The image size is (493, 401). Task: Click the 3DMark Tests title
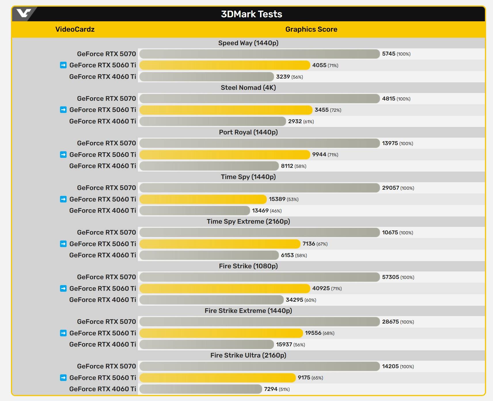click(x=251, y=14)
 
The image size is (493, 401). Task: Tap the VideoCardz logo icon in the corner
click(x=24, y=13)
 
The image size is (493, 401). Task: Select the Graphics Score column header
click(x=311, y=29)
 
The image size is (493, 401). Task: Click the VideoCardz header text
click(x=75, y=29)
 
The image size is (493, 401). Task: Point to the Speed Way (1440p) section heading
click(x=248, y=43)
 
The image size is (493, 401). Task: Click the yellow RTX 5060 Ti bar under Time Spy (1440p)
click(x=203, y=199)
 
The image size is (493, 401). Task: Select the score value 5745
click(x=389, y=54)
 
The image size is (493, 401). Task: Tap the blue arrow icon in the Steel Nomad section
click(x=63, y=110)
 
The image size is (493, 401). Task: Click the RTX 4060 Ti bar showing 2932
click(x=213, y=121)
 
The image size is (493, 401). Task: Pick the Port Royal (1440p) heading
click(x=248, y=132)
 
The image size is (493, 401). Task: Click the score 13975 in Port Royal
click(x=390, y=143)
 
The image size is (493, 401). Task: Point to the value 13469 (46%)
click(x=267, y=211)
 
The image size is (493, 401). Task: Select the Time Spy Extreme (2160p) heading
click(x=248, y=221)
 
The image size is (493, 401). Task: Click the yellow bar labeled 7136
click(x=220, y=244)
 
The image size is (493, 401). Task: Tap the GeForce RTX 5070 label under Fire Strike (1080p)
click(x=106, y=277)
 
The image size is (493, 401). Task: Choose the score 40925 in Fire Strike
click(x=321, y=288)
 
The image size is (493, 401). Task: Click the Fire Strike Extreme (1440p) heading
click(x=248, y=311)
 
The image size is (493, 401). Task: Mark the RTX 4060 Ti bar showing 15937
click(x=206, y=344)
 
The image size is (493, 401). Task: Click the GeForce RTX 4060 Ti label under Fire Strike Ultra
click(x=103, y=389)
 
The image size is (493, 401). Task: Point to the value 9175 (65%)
click(x=310, y=378)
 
